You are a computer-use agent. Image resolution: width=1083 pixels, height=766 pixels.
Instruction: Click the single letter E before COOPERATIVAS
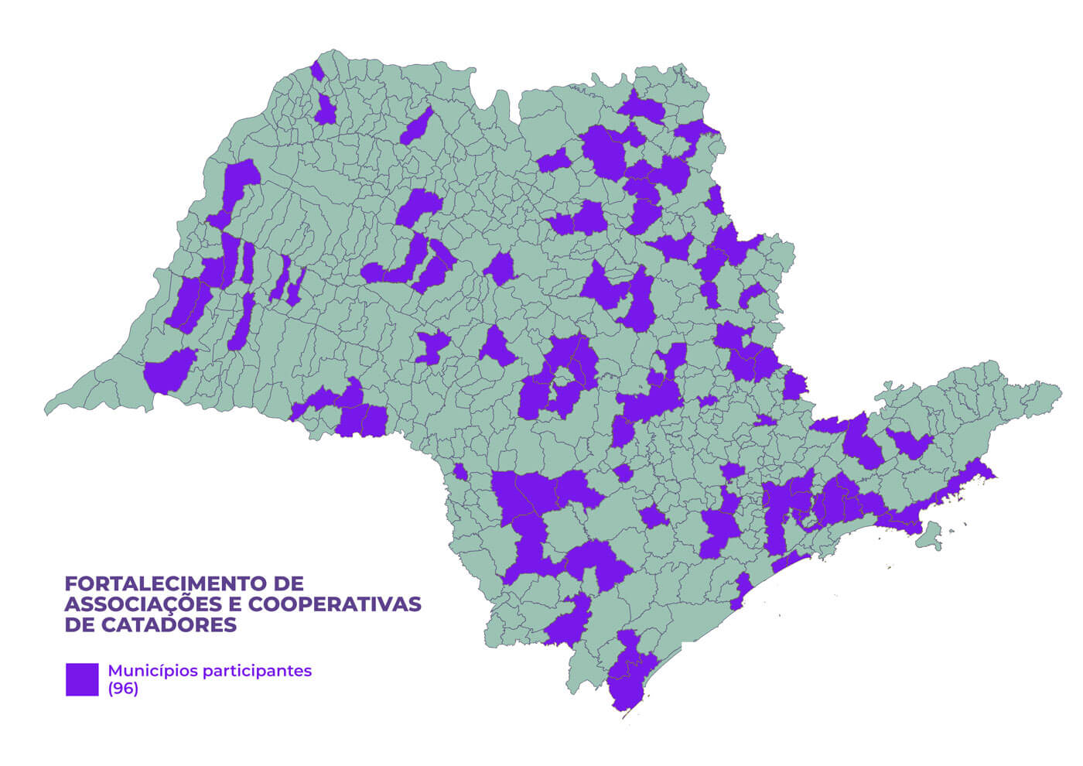click(x=234, y=604)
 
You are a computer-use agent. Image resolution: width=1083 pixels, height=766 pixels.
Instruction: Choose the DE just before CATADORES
click(x=79, y=625)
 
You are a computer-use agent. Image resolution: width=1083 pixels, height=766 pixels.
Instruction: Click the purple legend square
click(x=82, y=679)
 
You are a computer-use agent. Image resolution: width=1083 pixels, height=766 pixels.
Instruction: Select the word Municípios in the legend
click(x=152, y=671)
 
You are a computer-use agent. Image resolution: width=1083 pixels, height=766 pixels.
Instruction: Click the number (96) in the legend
click(x=123, y=689)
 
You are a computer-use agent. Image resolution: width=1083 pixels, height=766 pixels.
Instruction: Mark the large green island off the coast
click(x=931, y=534)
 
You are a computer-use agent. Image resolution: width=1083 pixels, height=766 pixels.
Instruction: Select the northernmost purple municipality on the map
click(x=316, y=70)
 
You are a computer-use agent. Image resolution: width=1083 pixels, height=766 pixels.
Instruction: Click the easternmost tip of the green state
click(x=1061, y=387)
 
